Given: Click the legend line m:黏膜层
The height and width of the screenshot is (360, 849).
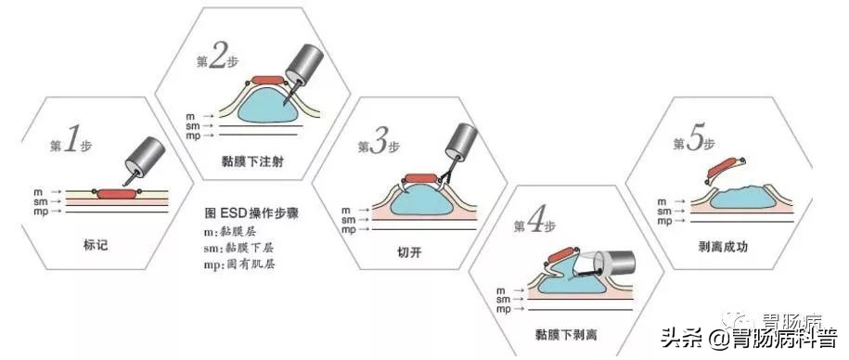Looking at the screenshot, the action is tap(233, 230).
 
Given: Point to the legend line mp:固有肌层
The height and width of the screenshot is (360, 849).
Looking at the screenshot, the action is tap(241, 264).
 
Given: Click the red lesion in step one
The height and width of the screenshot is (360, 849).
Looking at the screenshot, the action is tap(114, 193).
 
